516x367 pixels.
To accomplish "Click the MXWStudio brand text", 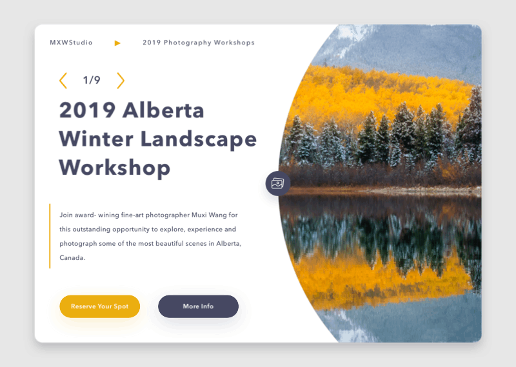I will [x=71, y=43].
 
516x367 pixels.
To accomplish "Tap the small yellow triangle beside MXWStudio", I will [x=117, y=43].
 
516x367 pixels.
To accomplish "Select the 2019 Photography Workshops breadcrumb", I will [x=199, y=43].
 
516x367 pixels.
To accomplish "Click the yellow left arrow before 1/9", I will [x=63, y=81].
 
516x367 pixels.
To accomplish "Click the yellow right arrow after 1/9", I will [x=121, y=81].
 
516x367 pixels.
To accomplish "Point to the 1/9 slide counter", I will [x=92, y=81].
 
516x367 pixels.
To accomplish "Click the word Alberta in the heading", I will [x=163, y=110].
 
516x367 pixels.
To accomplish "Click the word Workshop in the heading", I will [x=115, y=168].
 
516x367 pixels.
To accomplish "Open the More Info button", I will [x=198, y=306].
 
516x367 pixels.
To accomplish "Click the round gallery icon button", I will [x=278, y=183].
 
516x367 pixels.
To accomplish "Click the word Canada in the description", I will [x=71, y=258].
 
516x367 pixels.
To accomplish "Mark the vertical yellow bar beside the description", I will [x=50, y=235].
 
